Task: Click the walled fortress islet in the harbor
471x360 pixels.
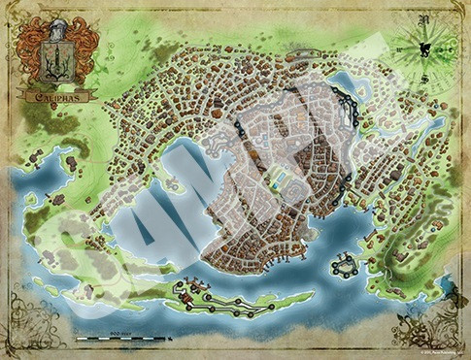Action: coord(344,263)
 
